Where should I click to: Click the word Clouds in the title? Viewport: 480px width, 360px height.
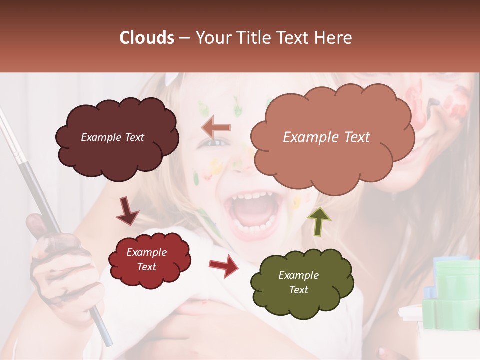147,38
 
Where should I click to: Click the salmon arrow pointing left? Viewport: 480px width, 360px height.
216,128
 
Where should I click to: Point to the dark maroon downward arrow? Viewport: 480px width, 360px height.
127,210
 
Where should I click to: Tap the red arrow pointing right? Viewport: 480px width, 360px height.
224,268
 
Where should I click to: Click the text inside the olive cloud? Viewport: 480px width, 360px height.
298,282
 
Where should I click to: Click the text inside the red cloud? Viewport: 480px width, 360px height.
146,259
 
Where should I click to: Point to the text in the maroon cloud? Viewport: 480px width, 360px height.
112,137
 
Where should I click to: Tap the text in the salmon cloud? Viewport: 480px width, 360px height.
326,137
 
